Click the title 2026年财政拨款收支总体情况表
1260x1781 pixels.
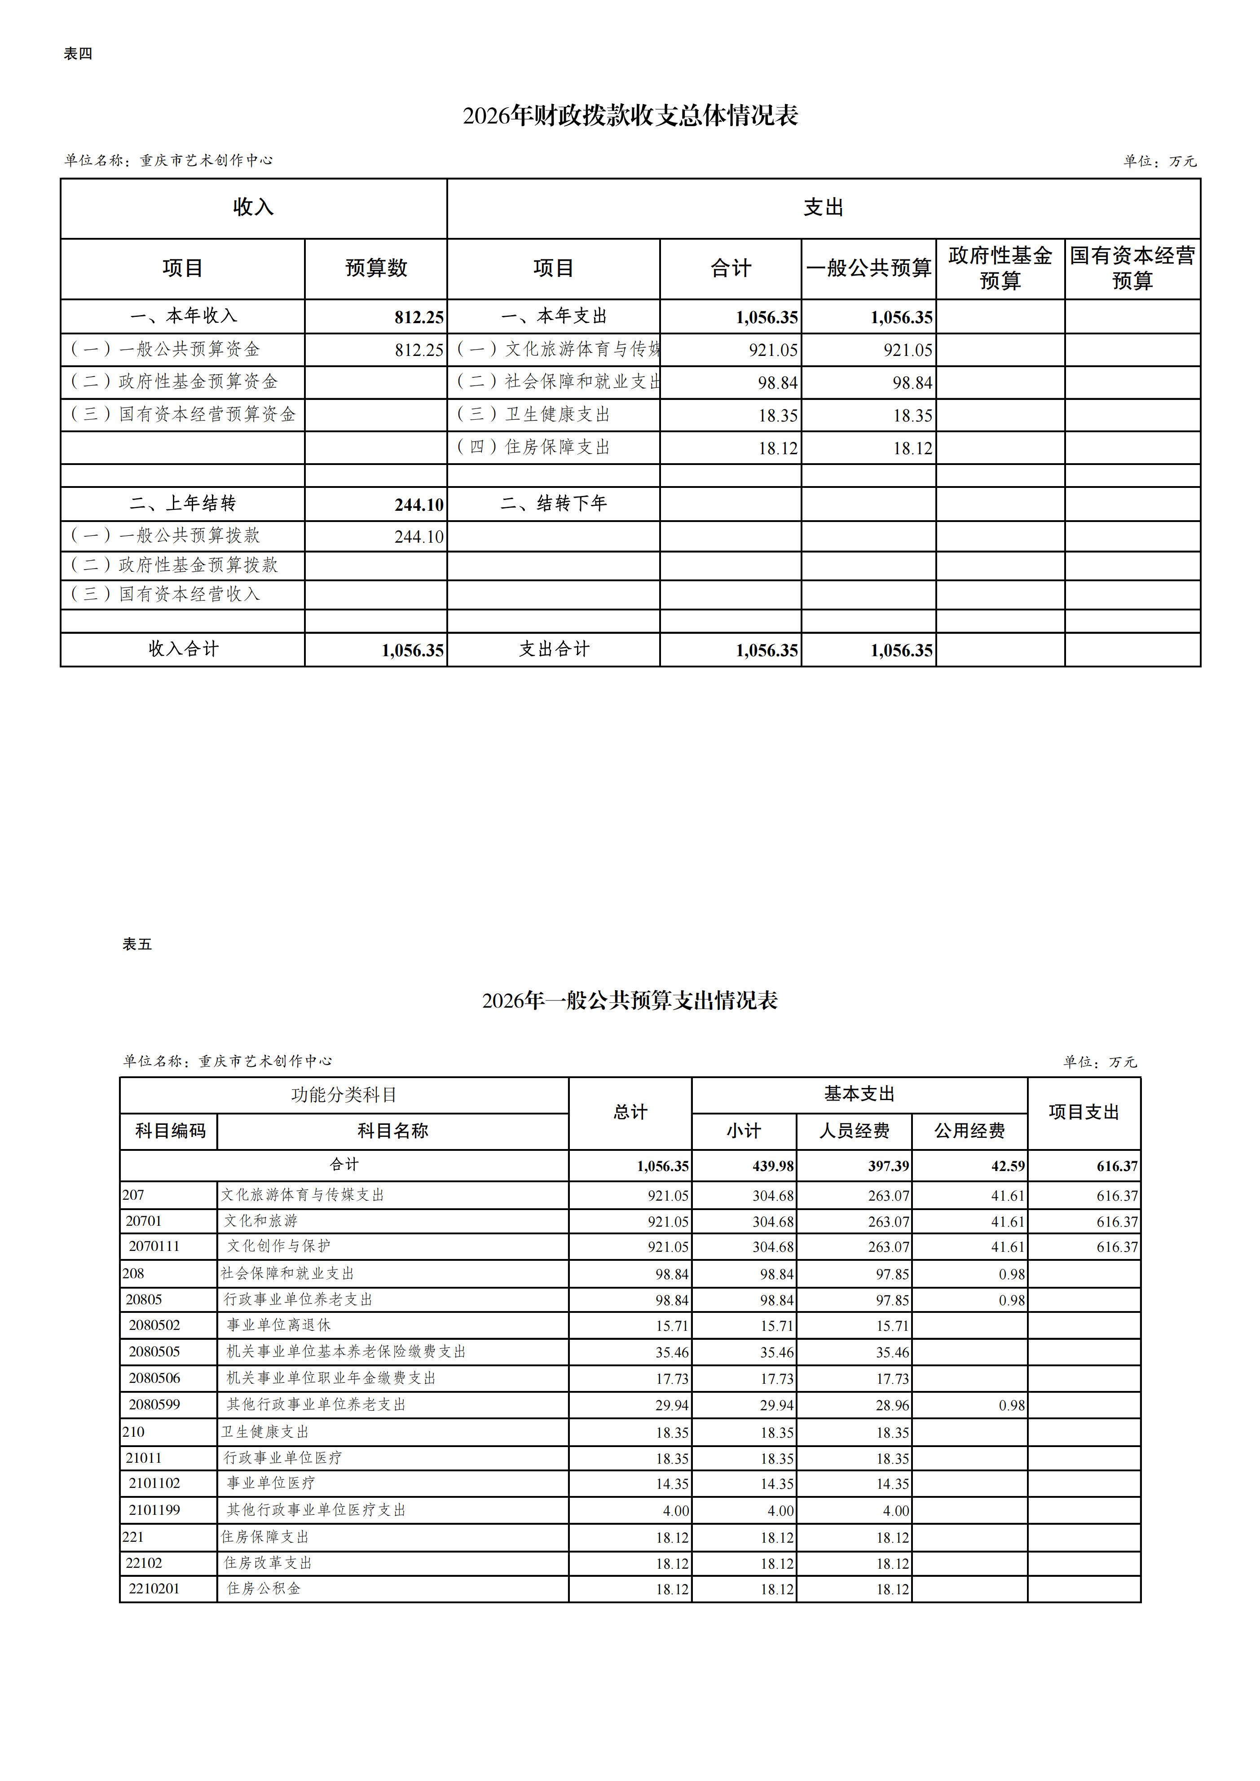[630, 116]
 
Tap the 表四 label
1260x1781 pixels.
[78, 53]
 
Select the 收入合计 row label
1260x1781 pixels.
[183, 649]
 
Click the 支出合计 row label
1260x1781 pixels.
[554, 649]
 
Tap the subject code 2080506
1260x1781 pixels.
[154, 1378]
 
